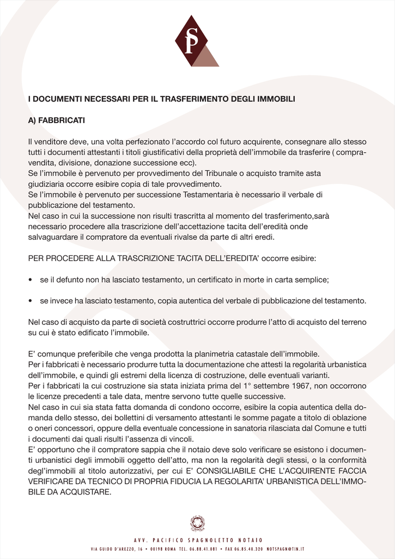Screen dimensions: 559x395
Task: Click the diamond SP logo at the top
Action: [195, 41]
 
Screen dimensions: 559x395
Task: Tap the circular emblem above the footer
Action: [197, 524]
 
